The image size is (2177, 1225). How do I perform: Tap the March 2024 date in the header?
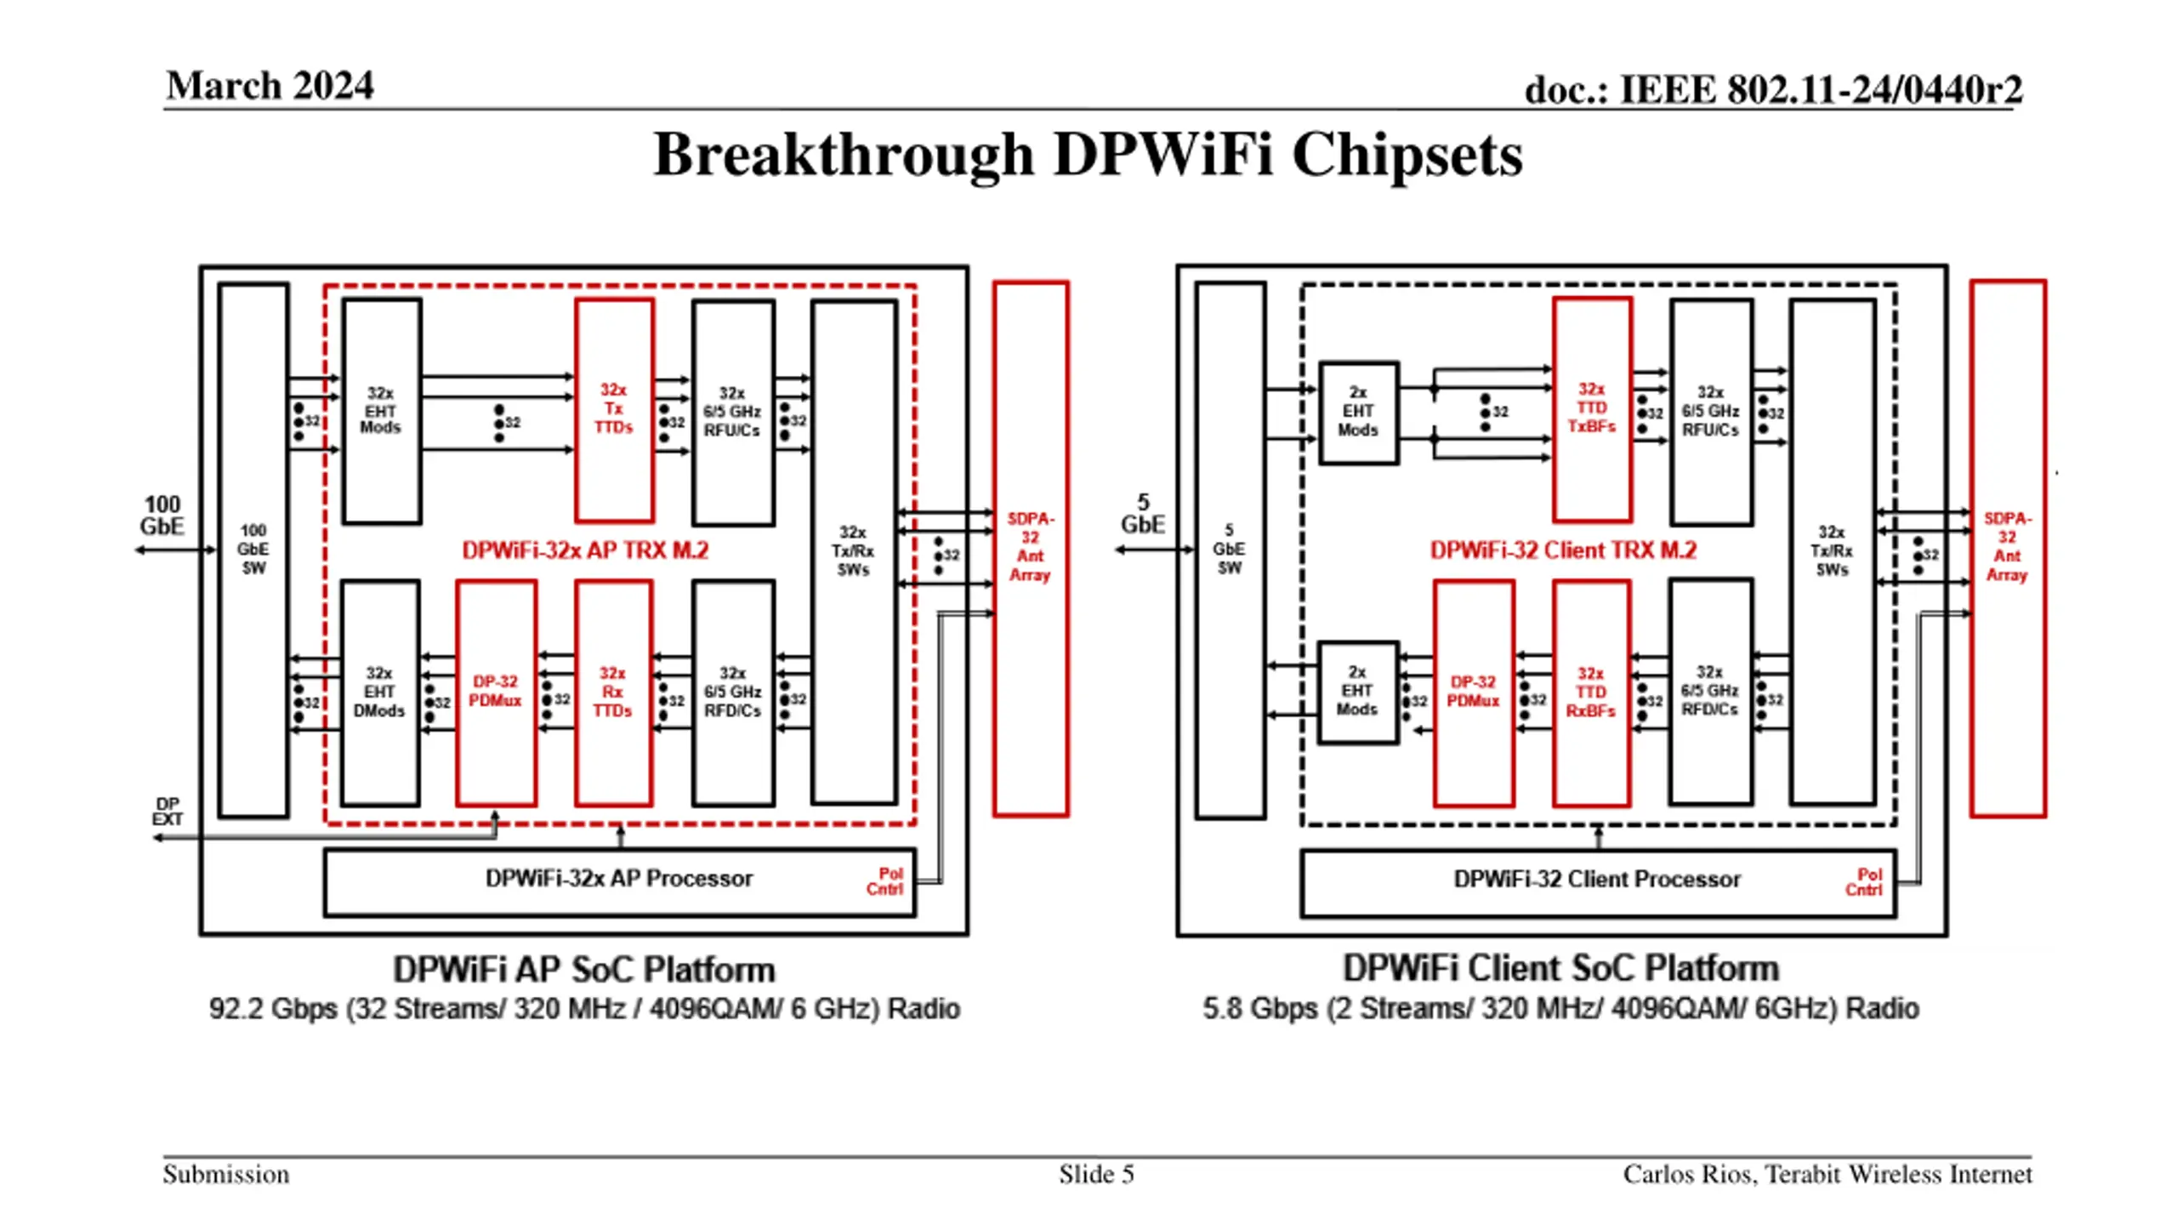tap(270, 85)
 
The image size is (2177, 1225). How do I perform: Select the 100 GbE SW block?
tap(253, 550)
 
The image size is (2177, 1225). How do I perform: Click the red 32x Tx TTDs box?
tap(614, 409)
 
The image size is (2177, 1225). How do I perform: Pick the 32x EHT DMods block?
tap(379, 692)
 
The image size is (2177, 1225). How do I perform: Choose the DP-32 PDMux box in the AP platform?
tap(496, 692)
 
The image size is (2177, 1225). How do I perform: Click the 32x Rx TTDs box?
tap(613, 692)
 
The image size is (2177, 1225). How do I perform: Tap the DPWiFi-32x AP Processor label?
tap(619, 879)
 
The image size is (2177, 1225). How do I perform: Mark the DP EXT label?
tap(168, 812)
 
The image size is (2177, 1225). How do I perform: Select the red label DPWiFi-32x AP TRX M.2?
tap(585, 550)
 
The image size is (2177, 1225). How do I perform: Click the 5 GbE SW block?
tap(1230, 550)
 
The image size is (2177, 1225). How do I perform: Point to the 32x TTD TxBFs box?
tap(1592, 409)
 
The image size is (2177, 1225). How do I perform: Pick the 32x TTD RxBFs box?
tap(1591, 692)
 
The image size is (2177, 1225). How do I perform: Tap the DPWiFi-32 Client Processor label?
tap(1597, 879)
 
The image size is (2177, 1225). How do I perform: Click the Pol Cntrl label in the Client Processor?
tap(1864, 882)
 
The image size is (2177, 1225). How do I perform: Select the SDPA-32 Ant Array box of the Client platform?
tap(2008, 549)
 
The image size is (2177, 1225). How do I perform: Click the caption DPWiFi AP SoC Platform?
tap(584, 970)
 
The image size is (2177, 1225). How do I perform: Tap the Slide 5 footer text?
tap(1096, 1175)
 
